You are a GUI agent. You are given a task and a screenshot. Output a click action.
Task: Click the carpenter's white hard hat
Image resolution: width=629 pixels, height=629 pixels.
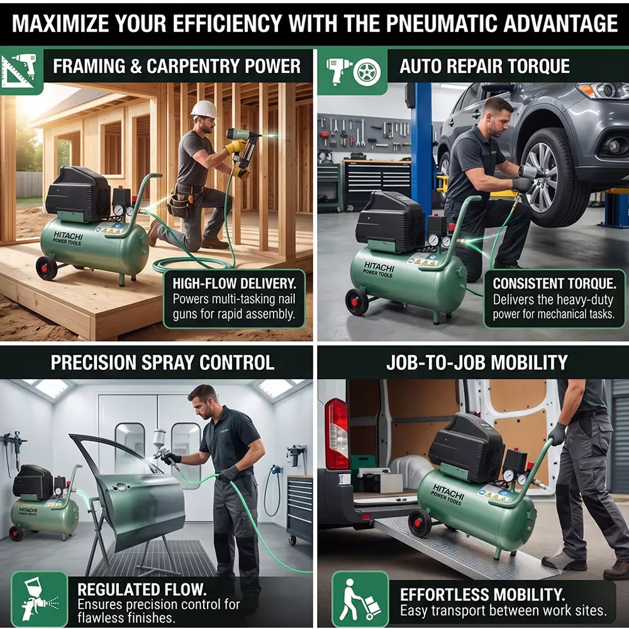coord(204,109)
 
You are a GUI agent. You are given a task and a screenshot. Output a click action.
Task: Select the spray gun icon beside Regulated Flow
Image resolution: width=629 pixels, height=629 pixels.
coord(39,599)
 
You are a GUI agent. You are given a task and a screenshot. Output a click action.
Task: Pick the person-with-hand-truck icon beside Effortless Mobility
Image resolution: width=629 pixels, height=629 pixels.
coord(360,599)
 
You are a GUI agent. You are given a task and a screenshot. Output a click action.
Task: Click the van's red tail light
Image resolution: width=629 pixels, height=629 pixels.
coord(336,433)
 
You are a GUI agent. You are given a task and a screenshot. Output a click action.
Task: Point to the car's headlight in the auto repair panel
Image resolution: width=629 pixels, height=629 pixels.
coord(603,90)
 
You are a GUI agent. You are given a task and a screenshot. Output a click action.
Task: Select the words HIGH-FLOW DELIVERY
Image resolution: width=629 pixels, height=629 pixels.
coord(234,284)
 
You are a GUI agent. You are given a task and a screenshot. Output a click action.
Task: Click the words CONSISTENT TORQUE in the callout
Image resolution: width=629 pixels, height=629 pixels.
coord(554,284)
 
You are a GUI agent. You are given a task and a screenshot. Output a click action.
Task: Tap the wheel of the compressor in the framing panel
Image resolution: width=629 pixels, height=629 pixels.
coord(47,267)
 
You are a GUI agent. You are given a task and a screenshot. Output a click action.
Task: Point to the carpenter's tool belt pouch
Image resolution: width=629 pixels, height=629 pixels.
coord(177,205)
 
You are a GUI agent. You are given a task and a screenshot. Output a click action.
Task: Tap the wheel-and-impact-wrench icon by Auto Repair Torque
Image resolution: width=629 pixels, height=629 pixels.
coord(353,72)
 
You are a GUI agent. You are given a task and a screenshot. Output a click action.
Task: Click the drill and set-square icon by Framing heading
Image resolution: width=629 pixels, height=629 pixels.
coord(19,70)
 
